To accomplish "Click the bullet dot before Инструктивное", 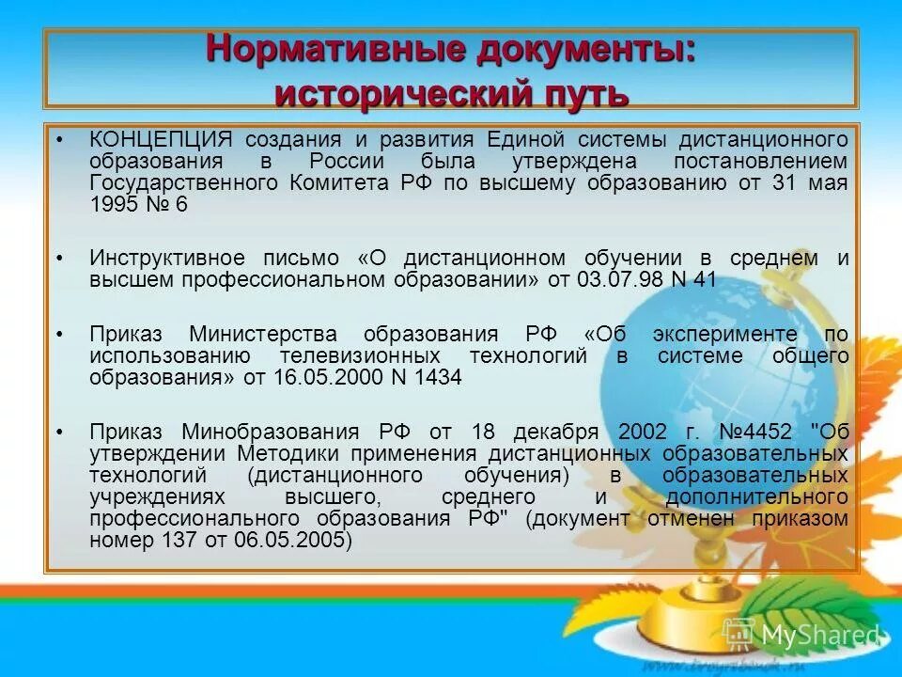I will pyautogui.click(x=59, y=258).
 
